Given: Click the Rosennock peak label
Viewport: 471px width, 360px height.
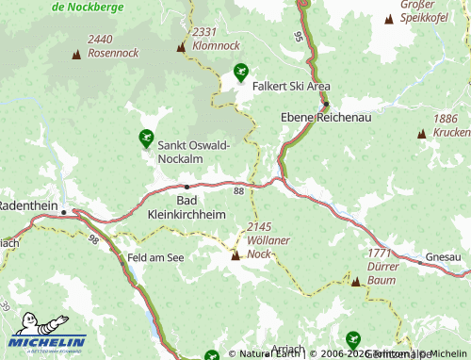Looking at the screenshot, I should [x=112, y=46].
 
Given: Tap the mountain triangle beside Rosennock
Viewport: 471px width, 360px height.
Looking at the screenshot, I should [x=76, y=55].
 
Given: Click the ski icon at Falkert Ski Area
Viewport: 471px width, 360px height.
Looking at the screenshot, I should [x=241, y=72].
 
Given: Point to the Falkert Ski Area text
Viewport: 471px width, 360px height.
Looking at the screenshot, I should [x=291, y=85].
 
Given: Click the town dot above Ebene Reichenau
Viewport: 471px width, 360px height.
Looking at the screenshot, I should [x=326, y=104].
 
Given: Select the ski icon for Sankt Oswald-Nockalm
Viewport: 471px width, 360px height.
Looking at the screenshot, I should [x=146, y=139].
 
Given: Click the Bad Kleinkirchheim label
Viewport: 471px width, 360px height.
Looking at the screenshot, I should [x=187, y=207].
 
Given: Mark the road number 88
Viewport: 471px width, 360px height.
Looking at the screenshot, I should [x=238, y=191].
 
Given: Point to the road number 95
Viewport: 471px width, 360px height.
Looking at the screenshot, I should [x=299, y=37].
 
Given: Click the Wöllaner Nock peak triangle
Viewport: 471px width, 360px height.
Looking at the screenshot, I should [x=235, y=254].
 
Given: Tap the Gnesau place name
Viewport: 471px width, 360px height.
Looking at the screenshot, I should [x=444, y=256].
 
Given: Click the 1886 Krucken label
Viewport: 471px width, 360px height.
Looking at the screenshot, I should [x=450, y=125].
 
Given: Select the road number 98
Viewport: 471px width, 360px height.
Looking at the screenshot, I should [x=93, y=240].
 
